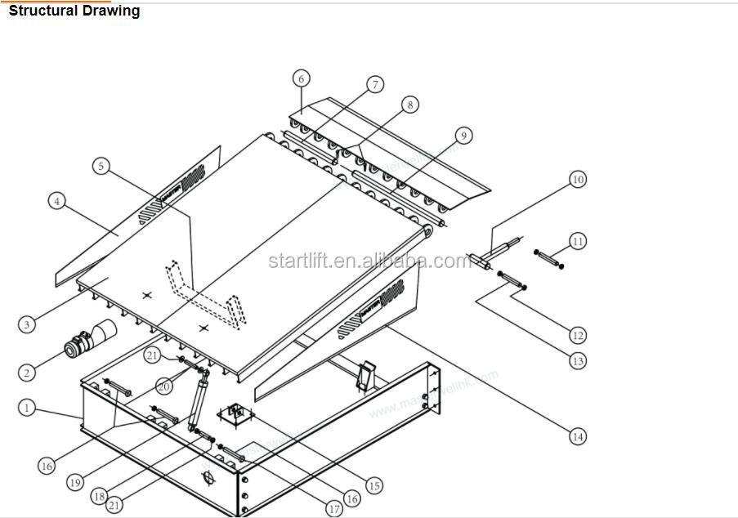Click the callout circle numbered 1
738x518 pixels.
coord(27,406)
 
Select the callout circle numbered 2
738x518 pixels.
coord(27,373)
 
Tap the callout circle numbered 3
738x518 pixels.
coord(27,324)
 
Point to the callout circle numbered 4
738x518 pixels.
coord(56,200)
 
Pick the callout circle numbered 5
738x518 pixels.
coord(101,166)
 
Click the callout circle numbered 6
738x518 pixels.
coord(302,78)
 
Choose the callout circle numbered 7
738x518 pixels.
coord(374,85)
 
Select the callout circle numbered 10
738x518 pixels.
coord(578,179)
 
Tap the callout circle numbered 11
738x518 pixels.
coord(578,242)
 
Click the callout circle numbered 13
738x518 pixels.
coord(578,360)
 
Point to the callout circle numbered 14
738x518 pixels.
coord(578,437)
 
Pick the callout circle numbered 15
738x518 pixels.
coord(373,485)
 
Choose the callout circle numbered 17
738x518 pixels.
coord(333,508)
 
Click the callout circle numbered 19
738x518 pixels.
coord(75,483)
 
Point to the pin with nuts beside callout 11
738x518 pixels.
coord(548,259)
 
